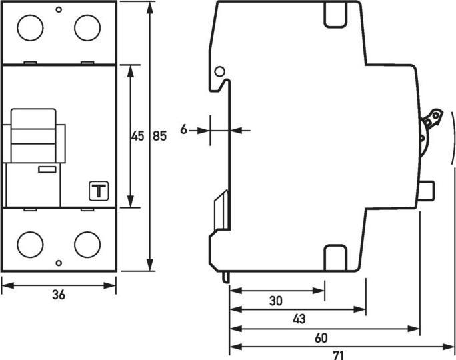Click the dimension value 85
[x=160, y=137]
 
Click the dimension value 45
[x=137, y=137]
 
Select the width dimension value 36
[x=59, y=296]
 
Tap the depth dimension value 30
[x=275, y=301]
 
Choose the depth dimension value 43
[x=299, y=319]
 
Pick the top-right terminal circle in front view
[x=87, y=28]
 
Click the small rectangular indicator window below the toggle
[x=47, y=170]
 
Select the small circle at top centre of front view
[x=59, y=9]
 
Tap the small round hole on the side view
[x=219, y=71]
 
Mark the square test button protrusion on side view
[x=428, y=191]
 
